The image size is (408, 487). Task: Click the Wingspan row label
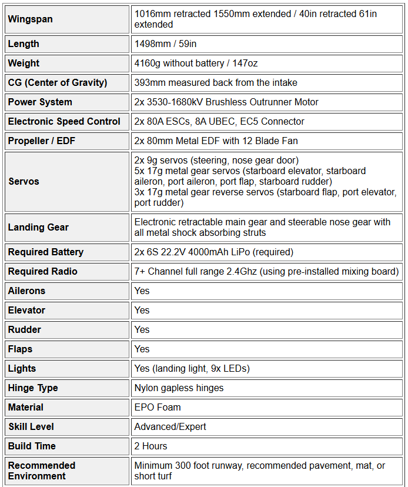click(x=31, y=19)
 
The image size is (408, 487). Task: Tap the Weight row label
click(x=24, y=64)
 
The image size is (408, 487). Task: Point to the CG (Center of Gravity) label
click(x=58, y=83)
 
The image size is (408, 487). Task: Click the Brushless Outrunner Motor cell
click(x=226, y=102)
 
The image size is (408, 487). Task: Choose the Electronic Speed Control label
click(x=64, y=122)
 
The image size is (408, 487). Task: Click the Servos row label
click(x=24, y=181)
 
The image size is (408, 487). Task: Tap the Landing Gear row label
click(x=38, y=227)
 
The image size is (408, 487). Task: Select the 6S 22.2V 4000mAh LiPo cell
click(x=213, y=252)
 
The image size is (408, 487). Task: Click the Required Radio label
click(x=43, y=272)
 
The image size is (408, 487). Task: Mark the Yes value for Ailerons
click(x=142, y=291)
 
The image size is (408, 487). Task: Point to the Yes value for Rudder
click(x=142, y=330)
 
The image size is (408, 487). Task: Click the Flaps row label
click(x=21, y=349)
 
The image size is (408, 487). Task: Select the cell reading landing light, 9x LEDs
click(x=192, y=369)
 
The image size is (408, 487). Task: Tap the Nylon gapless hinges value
click(x=179, y=388)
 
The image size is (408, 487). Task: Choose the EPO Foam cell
click(x=158, y=408)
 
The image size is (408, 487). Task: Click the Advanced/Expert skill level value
click(x=170, y=427)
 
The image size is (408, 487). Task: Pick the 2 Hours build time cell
click(x=151, y=446)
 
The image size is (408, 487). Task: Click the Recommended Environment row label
click(x=42, y=471)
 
